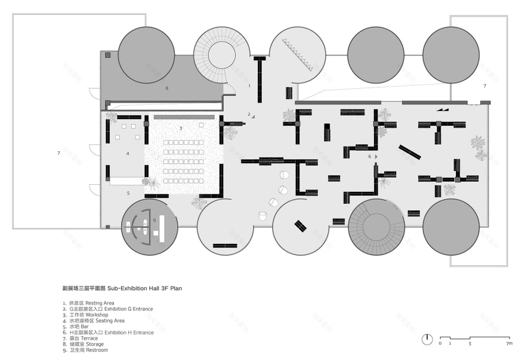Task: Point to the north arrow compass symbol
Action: tap(427, 339)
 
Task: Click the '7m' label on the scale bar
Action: tap(509, 344)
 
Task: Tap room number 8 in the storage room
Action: tap(167, 88)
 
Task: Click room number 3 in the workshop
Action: tap(180, 128)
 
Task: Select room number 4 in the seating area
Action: tap(128, 153)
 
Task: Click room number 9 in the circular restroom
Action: tap(155, 220)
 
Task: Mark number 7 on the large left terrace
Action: tap(58, 154)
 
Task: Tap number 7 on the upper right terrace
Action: tap(484, 86)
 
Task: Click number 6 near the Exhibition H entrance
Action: tap(369, 156)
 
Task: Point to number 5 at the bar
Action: tap(128, 193)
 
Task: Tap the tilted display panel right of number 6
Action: tap(410, 151)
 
